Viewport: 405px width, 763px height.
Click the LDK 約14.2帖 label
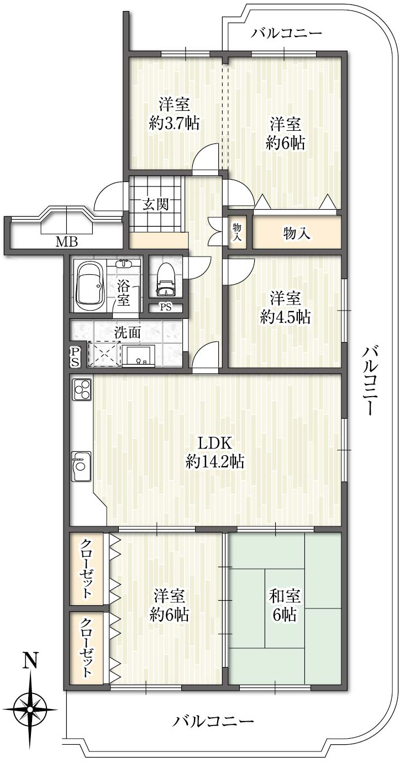pos(215,453)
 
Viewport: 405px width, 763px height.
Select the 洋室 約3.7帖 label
pos(175,114)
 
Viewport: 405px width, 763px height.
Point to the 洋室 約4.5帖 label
pos(285,308)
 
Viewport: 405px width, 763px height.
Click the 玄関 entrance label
pos(156,205)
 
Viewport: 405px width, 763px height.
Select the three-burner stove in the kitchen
pos(82,389)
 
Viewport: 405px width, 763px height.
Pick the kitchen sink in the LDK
pos(81,466)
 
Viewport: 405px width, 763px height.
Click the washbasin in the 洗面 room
pos(139,356)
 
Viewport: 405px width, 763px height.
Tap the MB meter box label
pos(67,242)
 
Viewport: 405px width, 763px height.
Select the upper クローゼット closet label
pos(86,568)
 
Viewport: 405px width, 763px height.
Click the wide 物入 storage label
pos(297,233)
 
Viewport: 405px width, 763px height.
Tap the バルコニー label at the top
pos(287,33)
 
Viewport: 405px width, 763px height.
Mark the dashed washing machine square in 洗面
pos(104,354)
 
